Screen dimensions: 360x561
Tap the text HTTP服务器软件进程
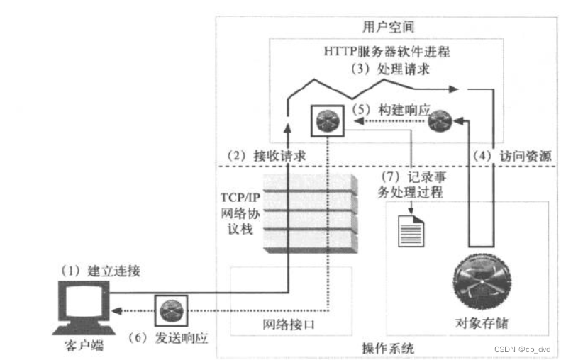[x=387, y=53]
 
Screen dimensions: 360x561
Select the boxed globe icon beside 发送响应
[x=171, y=310]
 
